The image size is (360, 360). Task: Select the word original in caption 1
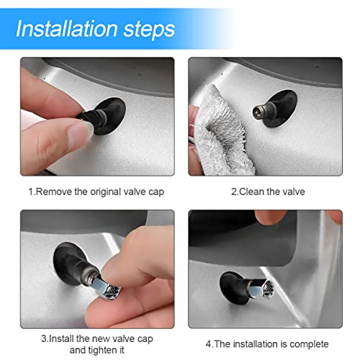point(108,192)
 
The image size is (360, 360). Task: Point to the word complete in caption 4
point(309,344)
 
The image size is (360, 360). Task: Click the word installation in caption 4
point(253,344)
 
